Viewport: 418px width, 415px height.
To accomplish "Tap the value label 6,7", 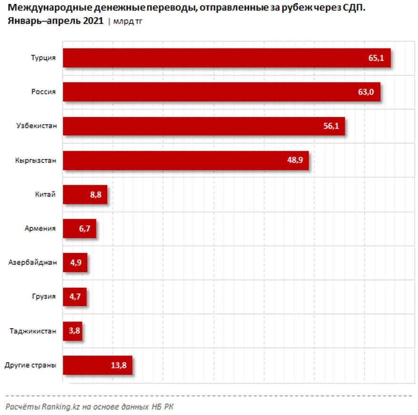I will pyautogui.click(x=86, y=229).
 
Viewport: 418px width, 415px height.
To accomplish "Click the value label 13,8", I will pyautogui.click(x=119, y=365).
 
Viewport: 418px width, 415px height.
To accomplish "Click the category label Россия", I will pyautogui.click(x=43, y=92).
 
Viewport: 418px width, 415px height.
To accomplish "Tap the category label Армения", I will pyautogui.click(x=40, y=229).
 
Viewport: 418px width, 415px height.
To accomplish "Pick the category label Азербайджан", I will pyautogui.click(x=32, y=263).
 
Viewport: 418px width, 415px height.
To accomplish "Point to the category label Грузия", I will pyautogui.click(x=43, y=297).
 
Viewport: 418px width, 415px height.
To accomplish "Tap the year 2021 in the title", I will pyautogui.click(x=92, y=21).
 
